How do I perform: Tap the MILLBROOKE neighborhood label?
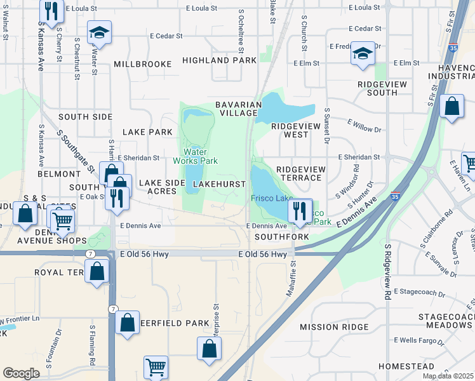point(143,64)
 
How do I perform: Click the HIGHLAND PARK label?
point(219,60)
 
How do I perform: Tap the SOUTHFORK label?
point(281,237)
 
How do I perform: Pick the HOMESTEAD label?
point(406,367)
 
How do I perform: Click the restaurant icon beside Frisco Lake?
point(300,210)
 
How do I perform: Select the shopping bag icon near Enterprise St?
point(209,349)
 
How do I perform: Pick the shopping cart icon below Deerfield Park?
point(156,368)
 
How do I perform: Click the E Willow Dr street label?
point(365,130)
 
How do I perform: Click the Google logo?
point(21,373)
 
